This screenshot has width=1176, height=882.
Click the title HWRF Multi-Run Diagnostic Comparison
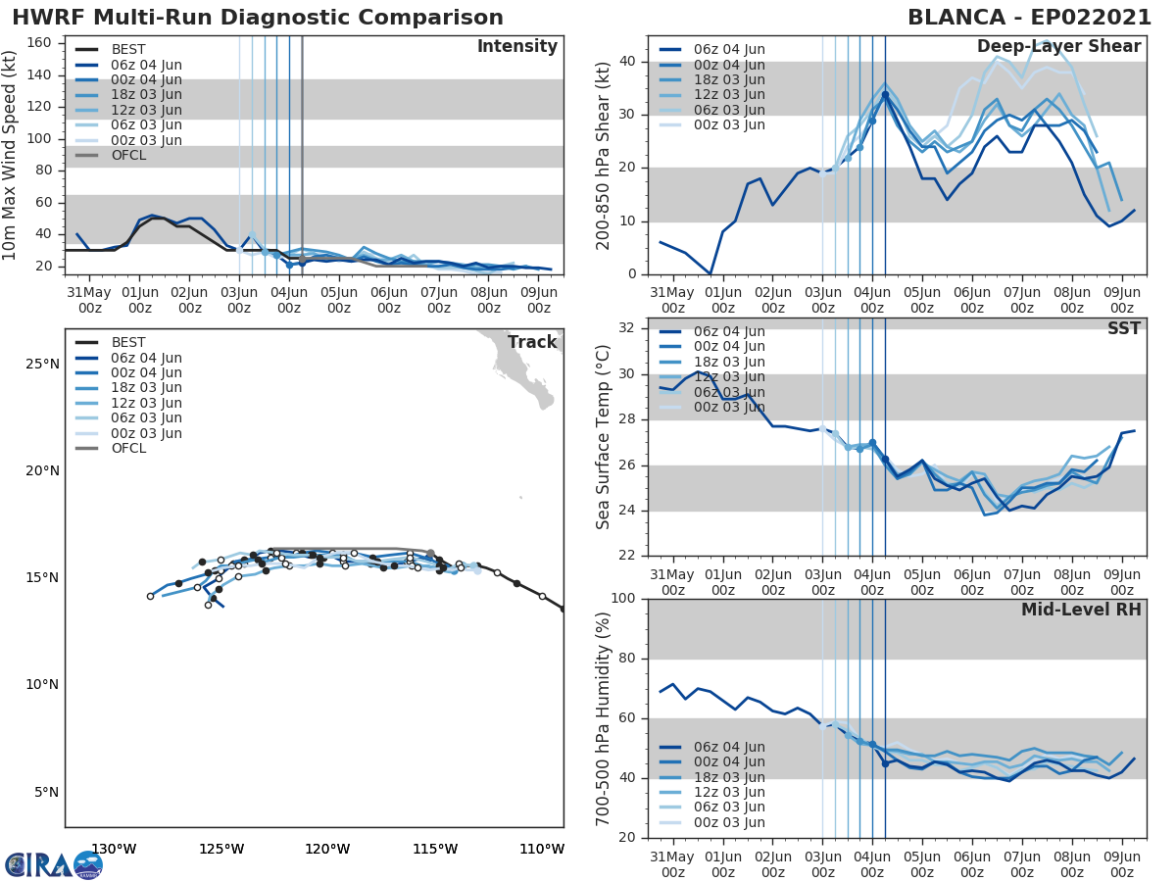[x=258, y=18]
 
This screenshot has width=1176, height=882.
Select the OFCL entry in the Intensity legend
[x=127, y=155]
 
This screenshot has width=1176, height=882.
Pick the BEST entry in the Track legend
[x=127, y=342]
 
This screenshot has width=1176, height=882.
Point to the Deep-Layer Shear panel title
[x=1058, y=47]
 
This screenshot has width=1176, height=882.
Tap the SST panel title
[x=1124, y=328]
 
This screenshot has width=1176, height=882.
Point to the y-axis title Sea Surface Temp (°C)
[x=604, y=437]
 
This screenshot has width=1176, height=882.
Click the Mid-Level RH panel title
[x=1081, y=611]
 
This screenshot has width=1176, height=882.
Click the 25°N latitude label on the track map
[x=42, y=365]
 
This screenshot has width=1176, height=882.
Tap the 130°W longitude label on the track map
[x=114, y=849]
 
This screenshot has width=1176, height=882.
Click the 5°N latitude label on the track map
[x=46, y=792]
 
